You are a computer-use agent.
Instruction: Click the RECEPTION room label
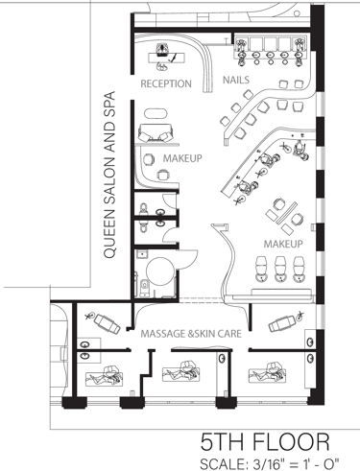tap(166, 83)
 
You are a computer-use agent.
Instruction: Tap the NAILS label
tap(236, 80)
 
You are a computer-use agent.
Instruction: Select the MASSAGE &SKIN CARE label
tap(191, 334)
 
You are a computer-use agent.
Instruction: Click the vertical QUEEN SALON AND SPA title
tap(109, 175)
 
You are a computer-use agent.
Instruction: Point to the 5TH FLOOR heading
tap(265, 442)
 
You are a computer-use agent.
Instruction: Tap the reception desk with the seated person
tap(167, 58)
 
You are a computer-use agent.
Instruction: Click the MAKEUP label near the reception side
tap(182, 158)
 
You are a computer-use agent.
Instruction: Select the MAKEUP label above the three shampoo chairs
tap(283, 244)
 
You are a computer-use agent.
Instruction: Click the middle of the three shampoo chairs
tap(280, 269)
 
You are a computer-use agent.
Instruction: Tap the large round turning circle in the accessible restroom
tap(161, 271)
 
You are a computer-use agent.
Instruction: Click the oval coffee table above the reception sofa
tap(156, 114)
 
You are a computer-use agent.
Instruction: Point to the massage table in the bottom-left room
tap(104, 377)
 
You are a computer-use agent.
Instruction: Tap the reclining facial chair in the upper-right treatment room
tap(281, 323)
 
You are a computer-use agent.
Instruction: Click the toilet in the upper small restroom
tap(143, 208)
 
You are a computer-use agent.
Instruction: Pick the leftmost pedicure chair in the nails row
tap(242, 50)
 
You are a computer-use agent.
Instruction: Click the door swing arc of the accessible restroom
tap(189, 260)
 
